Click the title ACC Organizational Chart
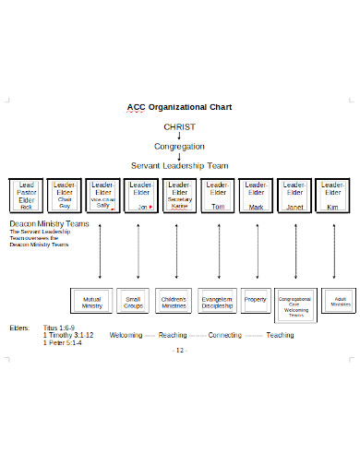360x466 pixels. [x=179, y=107]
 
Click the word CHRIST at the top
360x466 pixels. [x=179, y=126]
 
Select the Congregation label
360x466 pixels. [x=179, y=146]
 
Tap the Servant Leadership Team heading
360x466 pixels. [x=179, y=165]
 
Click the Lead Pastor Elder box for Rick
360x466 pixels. [x=26, y=196]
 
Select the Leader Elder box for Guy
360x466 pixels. [x=65, y=196]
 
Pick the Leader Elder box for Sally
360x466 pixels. [x=102, y=196]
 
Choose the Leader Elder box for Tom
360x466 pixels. [x=217, y=196]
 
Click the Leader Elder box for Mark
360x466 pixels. [x=256, y=196]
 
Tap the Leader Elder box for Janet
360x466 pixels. [x=294, y=196]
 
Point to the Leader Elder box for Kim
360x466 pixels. [x=332, y=196]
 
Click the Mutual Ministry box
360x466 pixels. [x=92, y=302]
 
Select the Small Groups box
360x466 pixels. [x=134, y=302]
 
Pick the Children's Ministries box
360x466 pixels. [x=175, y=302]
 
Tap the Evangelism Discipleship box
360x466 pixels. [x=217, y=302]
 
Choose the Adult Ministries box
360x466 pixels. [x=340, y=302]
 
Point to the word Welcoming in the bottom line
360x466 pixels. [x=126, y=335]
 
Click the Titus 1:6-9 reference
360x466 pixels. [x=60, y=328]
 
